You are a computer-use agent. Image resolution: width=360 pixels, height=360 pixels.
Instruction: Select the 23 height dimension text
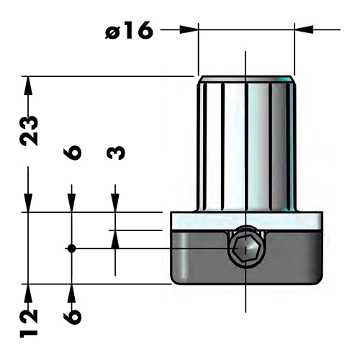point(30,130)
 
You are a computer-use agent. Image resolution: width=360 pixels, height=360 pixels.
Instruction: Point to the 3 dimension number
point(115,153)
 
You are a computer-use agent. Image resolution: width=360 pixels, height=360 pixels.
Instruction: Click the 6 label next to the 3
point(72,153)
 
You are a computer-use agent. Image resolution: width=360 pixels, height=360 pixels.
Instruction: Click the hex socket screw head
point(246,250)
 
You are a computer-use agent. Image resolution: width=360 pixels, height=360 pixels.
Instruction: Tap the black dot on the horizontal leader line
point(71,248)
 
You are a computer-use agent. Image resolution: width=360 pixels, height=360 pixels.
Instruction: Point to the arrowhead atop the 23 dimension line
point(28,84)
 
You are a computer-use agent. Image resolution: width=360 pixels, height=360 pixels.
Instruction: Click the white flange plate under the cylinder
point(246,220)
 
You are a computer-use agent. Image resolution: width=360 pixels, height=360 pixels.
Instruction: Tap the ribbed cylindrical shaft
point(246,144)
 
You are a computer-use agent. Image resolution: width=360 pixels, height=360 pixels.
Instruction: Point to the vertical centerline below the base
point(246,302)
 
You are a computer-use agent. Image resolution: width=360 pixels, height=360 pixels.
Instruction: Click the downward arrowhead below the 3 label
point(114,204)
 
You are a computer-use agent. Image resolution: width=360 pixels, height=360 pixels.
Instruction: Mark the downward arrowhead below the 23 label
point(28,204)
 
